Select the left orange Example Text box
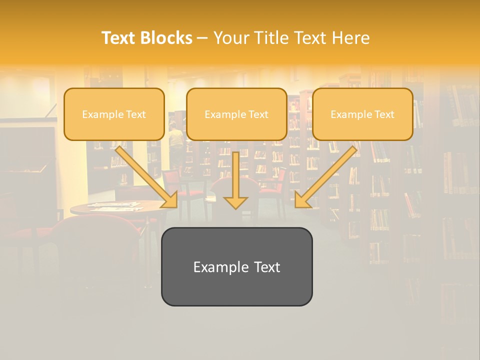[x=114, y=114]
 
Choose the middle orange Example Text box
[x=236, y=114]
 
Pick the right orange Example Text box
[x=362, y=114]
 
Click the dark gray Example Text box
[x=236, y=266]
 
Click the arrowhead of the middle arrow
[x=235, y=202]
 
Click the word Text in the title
[x=119, y=38]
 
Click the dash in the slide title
[x=202, y=38]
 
